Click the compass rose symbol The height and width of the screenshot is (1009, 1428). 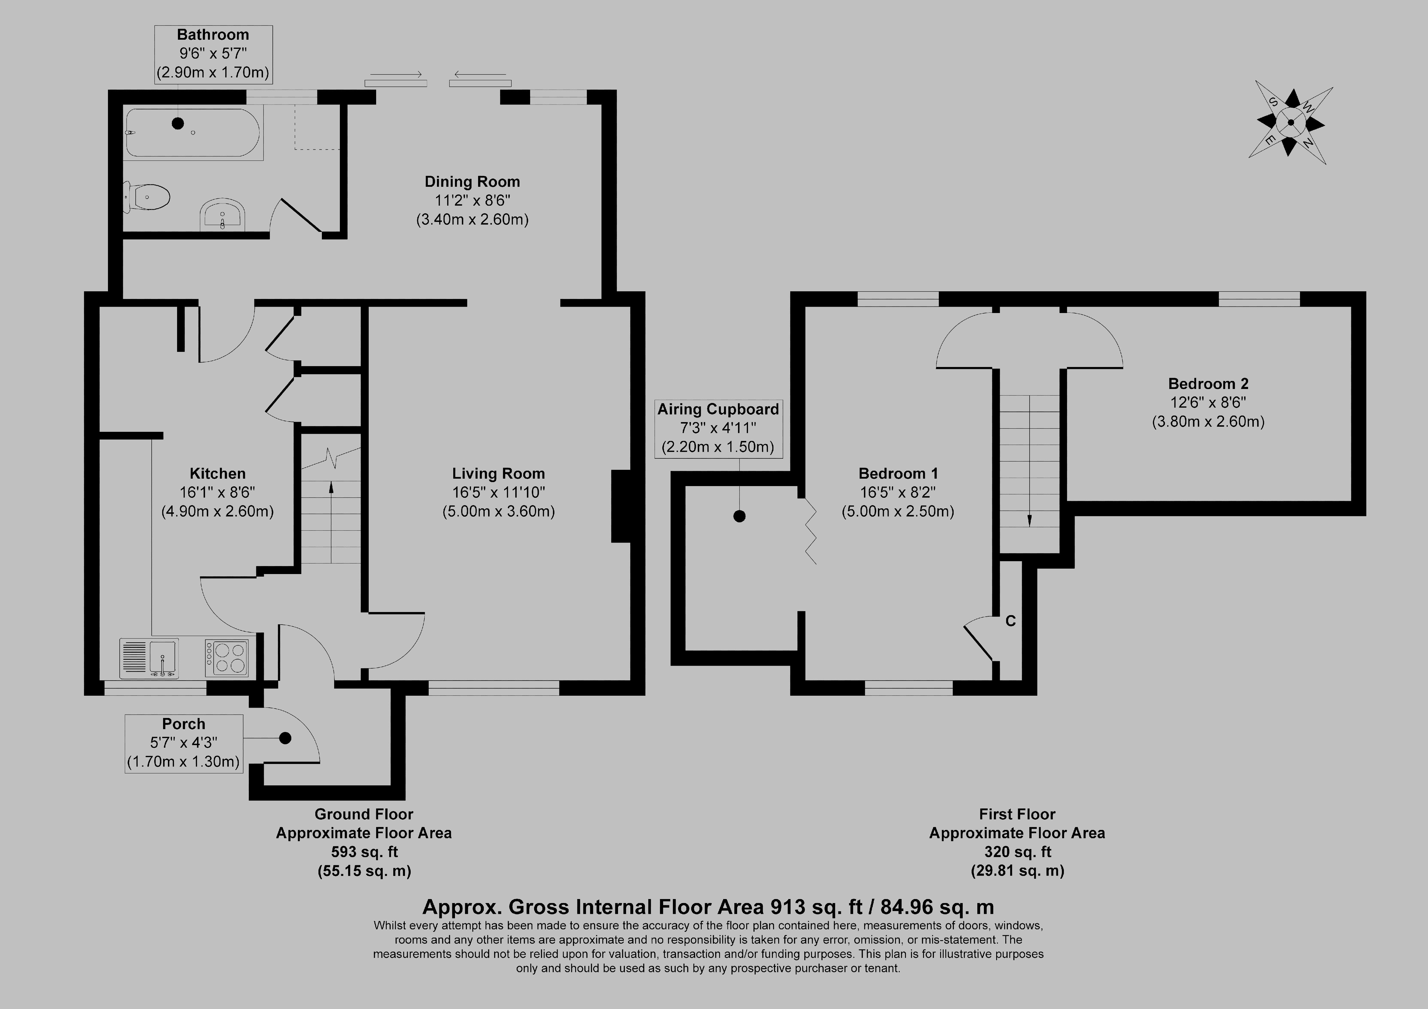click(x=1291, y=123)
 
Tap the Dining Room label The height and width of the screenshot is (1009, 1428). click(x=472, y=182)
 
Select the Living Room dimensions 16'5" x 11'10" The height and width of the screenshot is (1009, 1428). click(x=498, y=492)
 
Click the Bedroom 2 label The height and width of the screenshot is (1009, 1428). click(x=1208, y=384)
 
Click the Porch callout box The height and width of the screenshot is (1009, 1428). click(x=183, y=743)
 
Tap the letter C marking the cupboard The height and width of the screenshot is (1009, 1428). click(x=1011, y=621)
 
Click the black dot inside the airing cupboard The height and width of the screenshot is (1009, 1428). click(x=739, y=516)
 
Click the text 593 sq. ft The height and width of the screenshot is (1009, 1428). click(x=364, y=852)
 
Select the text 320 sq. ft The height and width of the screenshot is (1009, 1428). click(x=1017, y=852)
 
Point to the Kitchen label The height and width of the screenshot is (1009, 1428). click(x=218, y=474)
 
